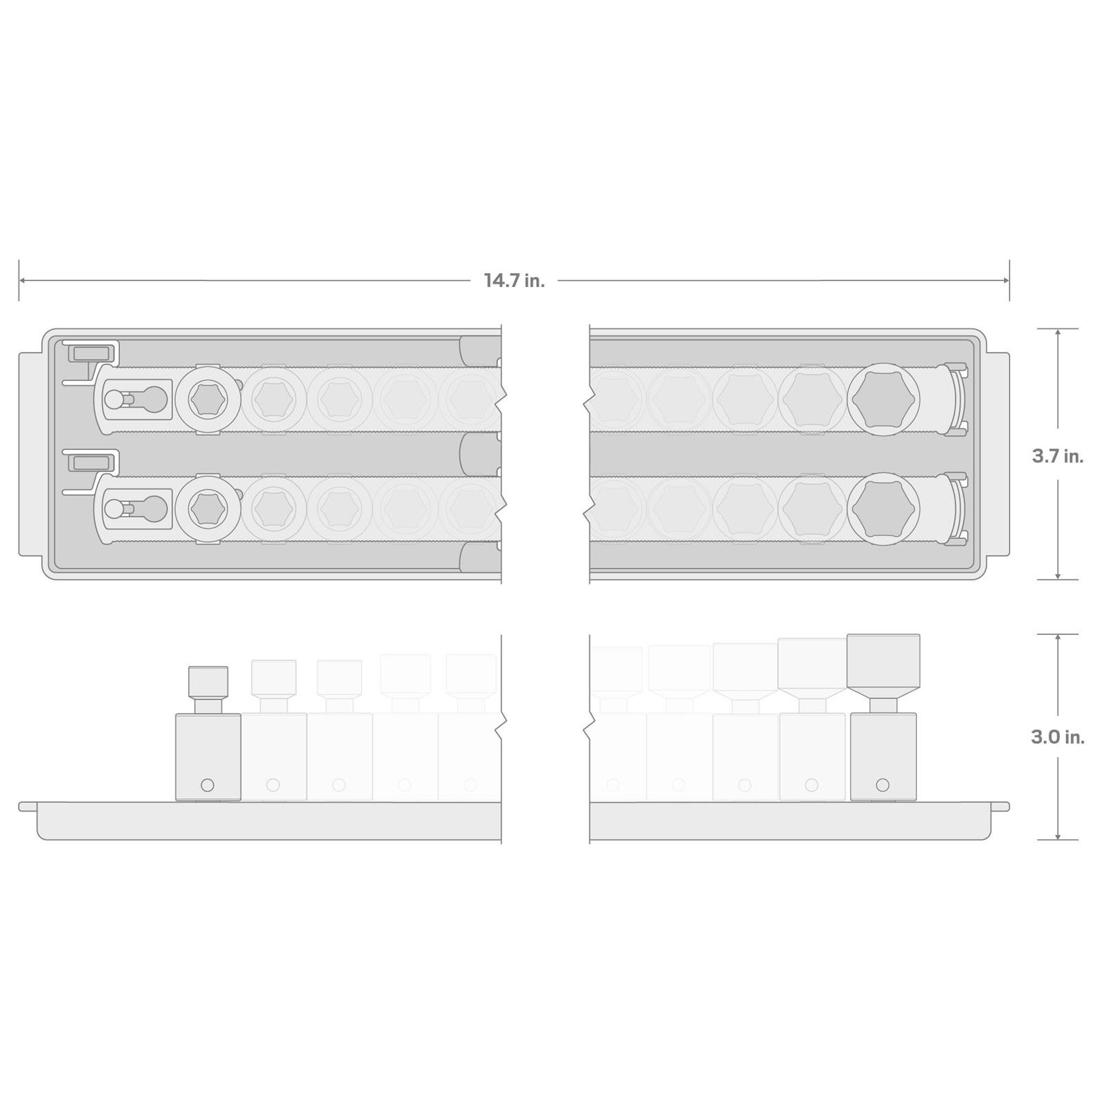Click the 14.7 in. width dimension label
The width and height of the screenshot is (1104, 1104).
(514, 281)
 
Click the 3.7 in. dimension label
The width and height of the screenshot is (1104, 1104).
(1058, 456)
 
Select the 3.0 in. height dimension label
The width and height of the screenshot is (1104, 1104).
(1058, 737)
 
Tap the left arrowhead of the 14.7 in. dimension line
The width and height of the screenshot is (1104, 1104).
(23, 280)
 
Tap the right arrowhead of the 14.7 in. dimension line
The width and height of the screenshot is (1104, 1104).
(1005, 280)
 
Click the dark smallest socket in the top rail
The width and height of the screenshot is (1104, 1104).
(208, 400)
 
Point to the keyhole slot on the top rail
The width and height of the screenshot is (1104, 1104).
(135, 400)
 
